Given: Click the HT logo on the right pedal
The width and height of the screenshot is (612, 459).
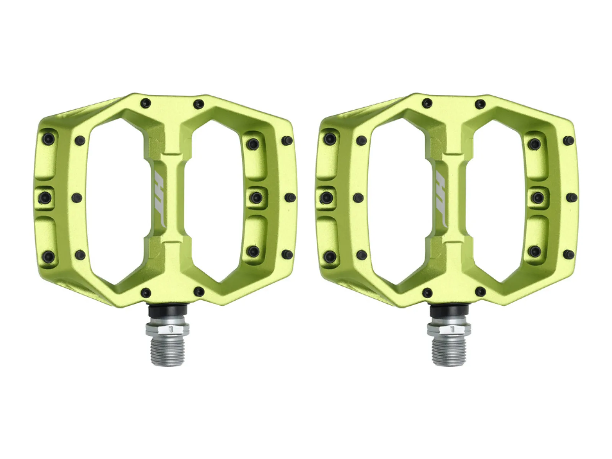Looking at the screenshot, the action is (442, 200).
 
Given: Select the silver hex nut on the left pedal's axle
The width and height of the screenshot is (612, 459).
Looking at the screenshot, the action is (167, 329).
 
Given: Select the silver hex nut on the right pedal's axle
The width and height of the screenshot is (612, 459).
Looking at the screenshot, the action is (449, 329).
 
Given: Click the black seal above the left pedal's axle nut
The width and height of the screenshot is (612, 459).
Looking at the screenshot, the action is (167, 313).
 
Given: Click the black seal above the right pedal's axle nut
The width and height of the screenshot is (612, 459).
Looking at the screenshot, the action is (449, 313).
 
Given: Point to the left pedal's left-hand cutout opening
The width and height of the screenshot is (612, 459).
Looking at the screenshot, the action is (117, 201).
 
